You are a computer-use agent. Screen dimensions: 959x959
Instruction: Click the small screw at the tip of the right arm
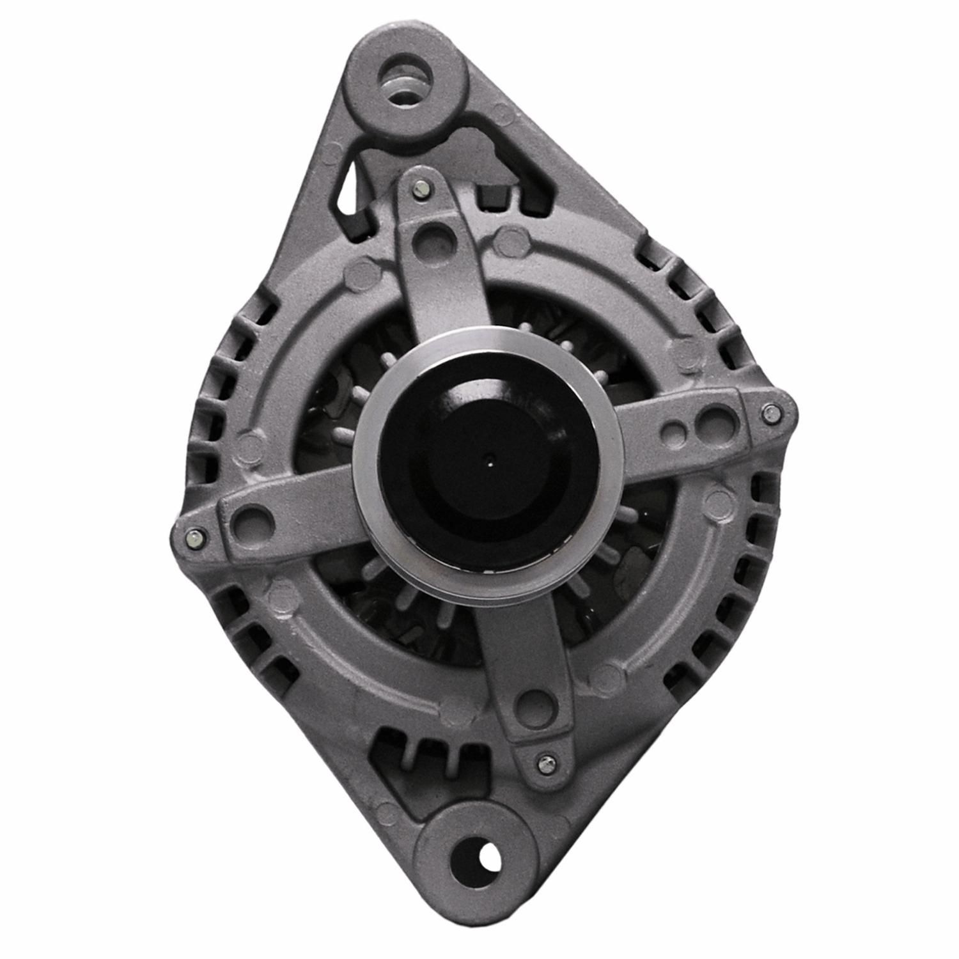coord(770,414)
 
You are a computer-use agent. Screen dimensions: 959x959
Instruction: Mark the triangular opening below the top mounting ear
coord(347,185)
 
